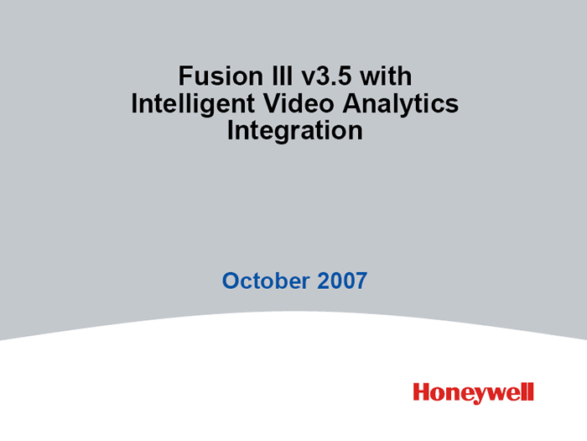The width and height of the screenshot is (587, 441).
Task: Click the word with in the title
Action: (386, 76)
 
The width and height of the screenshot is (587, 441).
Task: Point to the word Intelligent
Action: (193, 104)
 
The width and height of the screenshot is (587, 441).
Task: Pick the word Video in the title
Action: (299, 103)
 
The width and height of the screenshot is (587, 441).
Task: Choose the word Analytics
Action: (400, 104)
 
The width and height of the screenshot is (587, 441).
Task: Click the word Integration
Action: (295, 131)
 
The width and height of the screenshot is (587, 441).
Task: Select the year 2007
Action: (342, 281)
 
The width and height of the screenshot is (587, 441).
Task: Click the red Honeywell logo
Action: (473, 393)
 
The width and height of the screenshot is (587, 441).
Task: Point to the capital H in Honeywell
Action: (422, 392)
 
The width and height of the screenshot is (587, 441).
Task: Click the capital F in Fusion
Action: (185, 76)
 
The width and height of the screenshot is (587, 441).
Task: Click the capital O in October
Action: (231, 281)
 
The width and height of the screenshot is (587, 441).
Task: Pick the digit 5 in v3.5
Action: (345, 76)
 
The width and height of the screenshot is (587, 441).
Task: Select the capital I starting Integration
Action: (231, 130)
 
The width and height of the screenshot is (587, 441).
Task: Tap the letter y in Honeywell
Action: (482, 396)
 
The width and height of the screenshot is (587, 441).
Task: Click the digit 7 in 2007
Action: (361, 281)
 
